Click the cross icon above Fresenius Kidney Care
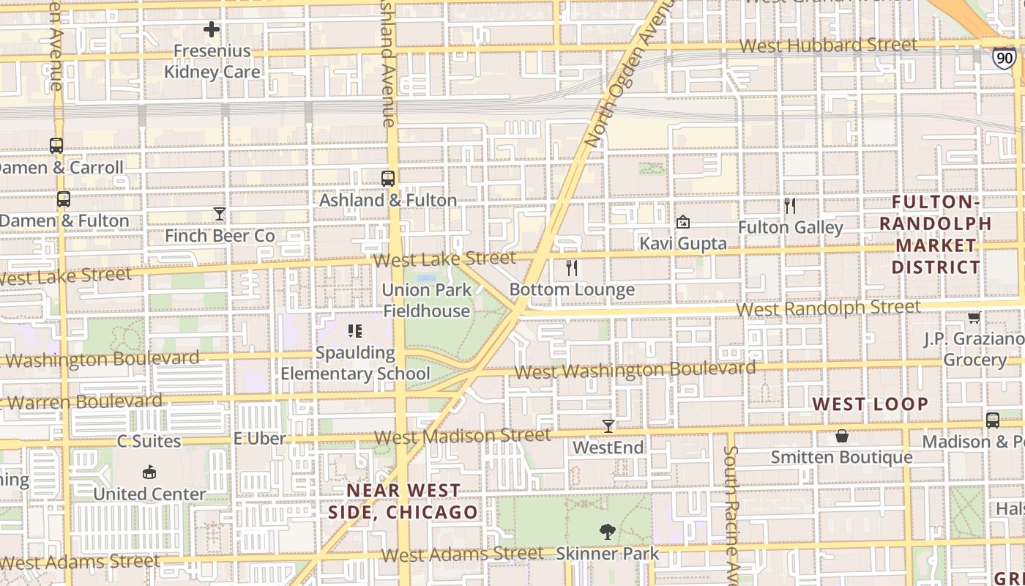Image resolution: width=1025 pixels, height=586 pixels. point(212,29)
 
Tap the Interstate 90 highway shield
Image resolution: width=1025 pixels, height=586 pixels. point(1004,58)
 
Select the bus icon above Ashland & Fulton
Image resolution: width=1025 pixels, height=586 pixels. point(388,178)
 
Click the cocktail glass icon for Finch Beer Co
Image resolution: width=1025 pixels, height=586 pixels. point(220,214)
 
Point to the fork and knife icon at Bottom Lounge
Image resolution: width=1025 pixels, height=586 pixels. point(572,268)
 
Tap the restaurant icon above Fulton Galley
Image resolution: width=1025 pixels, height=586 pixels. point(790,206)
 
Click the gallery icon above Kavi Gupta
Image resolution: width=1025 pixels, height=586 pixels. point(683,221)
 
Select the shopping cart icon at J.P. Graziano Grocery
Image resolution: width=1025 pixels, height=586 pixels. point(974,317)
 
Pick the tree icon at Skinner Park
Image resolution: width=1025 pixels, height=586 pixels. point(607,531)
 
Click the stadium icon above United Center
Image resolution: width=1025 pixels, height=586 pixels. point(149,472)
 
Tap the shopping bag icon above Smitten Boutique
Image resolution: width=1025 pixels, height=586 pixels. point(842,436)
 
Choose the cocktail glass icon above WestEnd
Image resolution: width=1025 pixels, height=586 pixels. point(608,426)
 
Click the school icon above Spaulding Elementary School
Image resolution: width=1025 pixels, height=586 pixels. point(355,331)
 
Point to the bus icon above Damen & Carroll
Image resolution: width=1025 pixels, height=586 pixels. point(56,146)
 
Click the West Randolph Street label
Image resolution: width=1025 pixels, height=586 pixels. point(828,308)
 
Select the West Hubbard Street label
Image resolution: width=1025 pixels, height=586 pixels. point(828,45)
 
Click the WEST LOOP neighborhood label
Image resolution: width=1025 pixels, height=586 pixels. point(871,404)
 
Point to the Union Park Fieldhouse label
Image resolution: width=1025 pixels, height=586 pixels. point(426,300)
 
